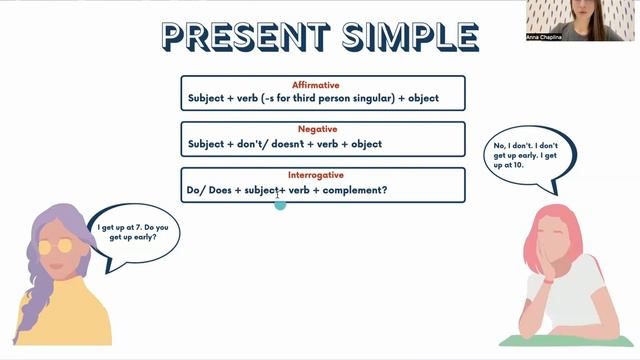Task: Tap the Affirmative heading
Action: click(322, 85)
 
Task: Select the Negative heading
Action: click(322, 130)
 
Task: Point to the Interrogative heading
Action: click(322, 175)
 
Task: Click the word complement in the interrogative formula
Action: click(351, 190)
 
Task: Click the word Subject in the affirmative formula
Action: click(210, 99)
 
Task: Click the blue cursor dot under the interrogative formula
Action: click(280, 204)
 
